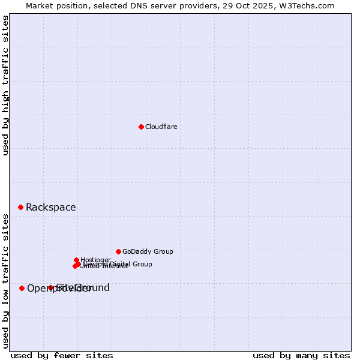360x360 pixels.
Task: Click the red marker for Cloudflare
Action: click(141, 127)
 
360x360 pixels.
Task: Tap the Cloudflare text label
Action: click(161, 127)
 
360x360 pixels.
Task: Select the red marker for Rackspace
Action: click(20, 207)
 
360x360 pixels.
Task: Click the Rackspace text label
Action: click(51, 208)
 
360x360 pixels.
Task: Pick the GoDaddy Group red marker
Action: click(118, 251)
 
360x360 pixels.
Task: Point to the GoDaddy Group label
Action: click(148, 251)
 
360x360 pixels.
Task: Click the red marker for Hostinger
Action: click(77, 260)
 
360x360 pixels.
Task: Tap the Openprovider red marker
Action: click(22, 288)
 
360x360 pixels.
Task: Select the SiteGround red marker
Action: click(50, 287)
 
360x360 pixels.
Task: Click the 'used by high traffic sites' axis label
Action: click(5, 85)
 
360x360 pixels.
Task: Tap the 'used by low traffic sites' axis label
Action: click(5, 280)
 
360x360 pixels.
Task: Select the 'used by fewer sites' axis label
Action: click(62, 355)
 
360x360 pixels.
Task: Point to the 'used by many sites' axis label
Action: click(301, 355)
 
